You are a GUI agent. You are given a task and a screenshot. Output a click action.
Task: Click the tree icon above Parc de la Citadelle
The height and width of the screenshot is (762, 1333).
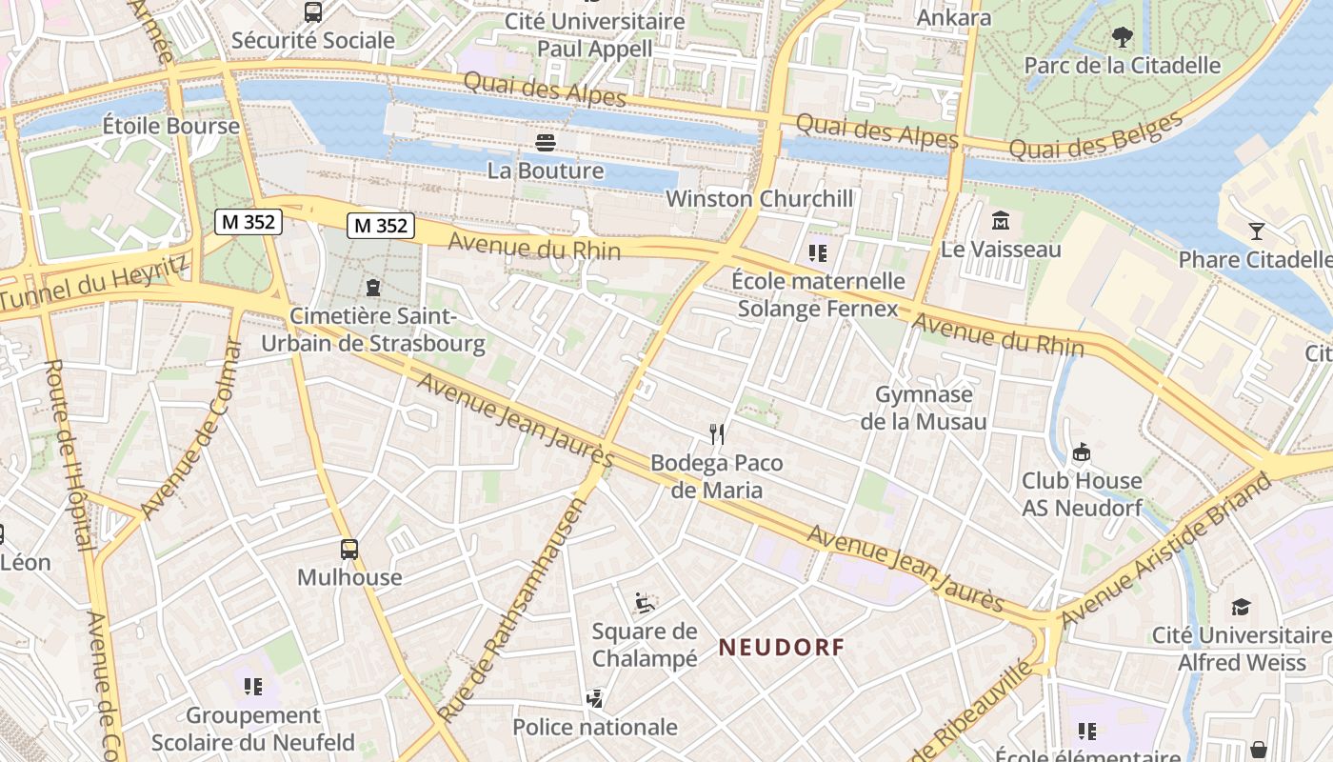(1123, 37)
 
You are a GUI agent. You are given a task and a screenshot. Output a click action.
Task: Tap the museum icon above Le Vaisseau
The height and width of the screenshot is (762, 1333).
(1001, 221)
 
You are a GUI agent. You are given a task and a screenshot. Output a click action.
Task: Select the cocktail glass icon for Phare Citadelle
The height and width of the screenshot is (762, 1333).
(1256, 231)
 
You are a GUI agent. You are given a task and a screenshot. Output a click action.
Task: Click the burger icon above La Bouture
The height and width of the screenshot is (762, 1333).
(546, 143)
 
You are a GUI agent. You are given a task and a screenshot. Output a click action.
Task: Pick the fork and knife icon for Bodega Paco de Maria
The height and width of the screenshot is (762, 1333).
(717, 434)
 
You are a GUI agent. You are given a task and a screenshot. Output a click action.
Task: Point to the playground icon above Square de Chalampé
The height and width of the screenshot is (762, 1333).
(645, 602)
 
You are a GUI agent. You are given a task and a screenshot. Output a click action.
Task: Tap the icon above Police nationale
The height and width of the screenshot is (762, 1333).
(595, 699)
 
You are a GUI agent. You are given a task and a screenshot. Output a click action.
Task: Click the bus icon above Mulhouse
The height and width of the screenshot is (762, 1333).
(349, 549)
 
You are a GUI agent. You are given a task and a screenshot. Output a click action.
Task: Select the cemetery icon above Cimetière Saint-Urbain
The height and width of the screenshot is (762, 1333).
(373, 287)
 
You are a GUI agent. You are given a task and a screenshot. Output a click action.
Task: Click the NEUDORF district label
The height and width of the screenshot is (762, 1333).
(781, 648)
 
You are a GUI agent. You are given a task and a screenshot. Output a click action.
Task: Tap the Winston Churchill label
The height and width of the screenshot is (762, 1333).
(760, 199)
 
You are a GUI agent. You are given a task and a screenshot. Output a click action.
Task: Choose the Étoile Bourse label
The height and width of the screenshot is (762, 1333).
(171, 126)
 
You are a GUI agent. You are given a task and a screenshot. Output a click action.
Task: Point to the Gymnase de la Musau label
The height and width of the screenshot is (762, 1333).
(924, 408)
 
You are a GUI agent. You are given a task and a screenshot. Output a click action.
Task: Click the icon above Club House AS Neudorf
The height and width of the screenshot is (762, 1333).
(1081, 451)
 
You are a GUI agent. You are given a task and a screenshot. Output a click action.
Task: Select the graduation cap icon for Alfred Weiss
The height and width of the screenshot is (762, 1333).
(1241, 607)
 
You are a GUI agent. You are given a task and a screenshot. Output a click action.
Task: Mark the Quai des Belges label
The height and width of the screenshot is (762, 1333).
(1095, 136)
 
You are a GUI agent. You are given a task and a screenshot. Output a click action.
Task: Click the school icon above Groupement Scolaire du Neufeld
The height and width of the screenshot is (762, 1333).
(252, 686)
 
